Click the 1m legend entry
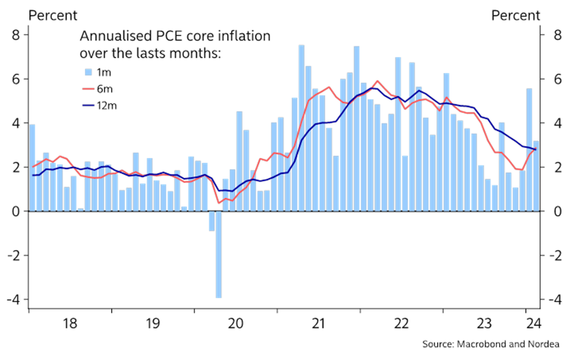[x=95, y=72]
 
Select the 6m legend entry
[x=95, y=89]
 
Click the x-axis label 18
[x=70, y=322]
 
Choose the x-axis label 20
[x=236, y=322]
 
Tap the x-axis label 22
[x=402, y=322]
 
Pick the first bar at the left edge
[x=32, y=168]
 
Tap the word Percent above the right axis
[x=515, y=15]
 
